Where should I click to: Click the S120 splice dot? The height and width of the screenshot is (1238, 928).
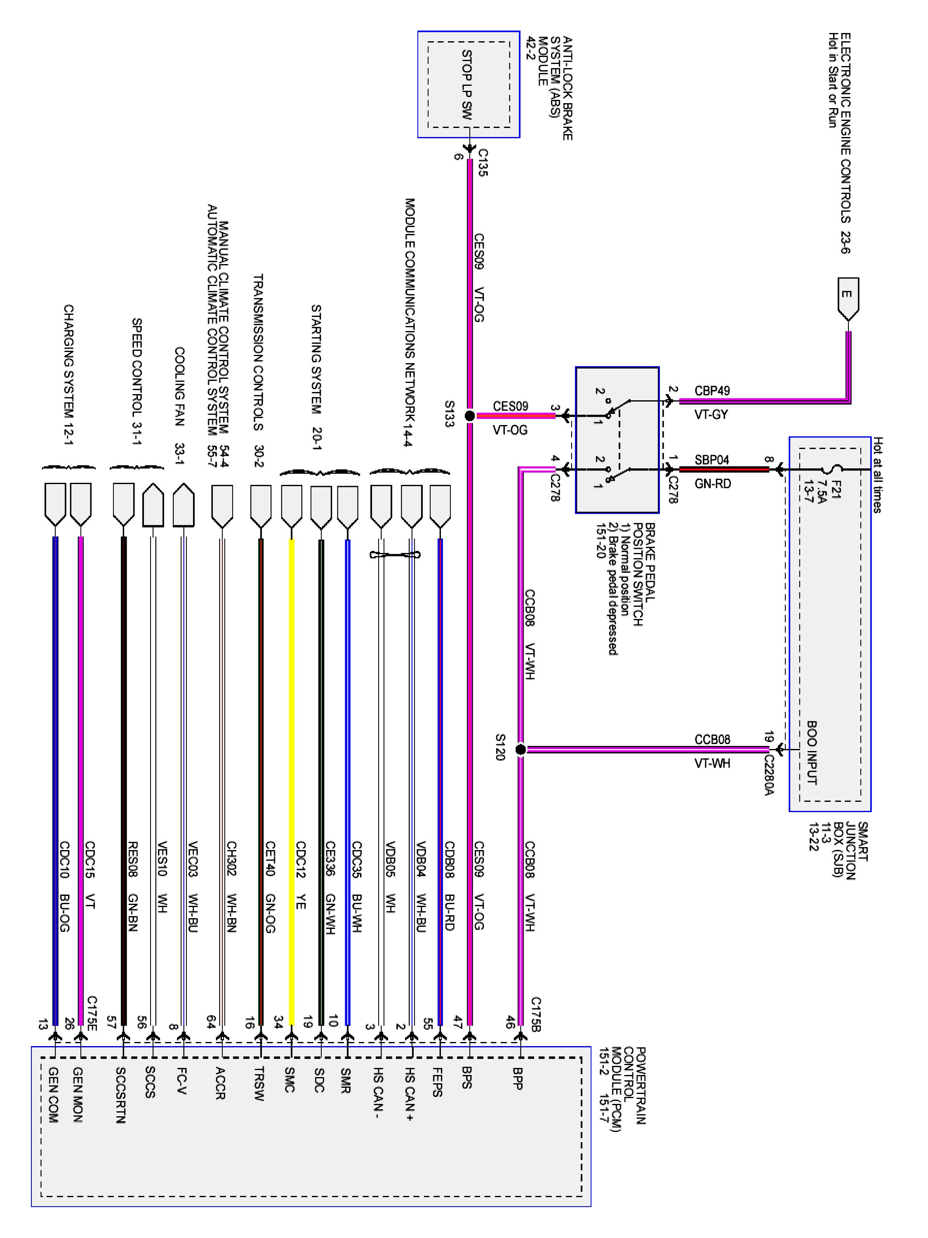pyautogui.click(x=520, y=749)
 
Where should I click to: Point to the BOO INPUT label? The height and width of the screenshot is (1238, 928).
pyautogui.click(x=812, y=753)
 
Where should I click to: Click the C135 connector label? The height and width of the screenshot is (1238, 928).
pyautogui.click(x=483, y=162)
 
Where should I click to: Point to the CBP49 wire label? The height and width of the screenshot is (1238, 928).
pyautogui.click(x=712, y=391)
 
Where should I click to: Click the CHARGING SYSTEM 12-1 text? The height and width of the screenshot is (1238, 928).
pyautogui.click(x=68, y=375)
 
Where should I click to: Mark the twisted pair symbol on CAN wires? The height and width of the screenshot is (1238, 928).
pyautogui.click(x=396, y=555)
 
